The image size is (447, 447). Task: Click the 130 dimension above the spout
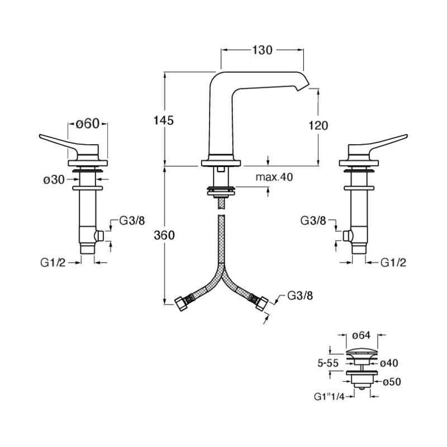tap(262, 50)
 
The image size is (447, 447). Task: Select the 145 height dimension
tap(164, 121)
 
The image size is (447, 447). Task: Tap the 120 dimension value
tap(318, 125)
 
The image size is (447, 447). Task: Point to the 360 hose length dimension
tap(164, 235)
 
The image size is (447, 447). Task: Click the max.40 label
tap(274, 177)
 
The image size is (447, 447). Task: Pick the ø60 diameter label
tap(88, 123)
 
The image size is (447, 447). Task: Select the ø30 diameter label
tap(54, 180)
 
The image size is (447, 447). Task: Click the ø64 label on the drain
tap(362, 336)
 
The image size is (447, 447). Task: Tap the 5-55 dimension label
tap(328, 363)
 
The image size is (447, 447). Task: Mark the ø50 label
tap(392, 382)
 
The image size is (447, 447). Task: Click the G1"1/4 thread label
tap(329, 397)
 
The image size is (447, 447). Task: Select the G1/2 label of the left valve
tap(53, 263)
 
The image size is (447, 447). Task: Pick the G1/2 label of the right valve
tap(393, 263)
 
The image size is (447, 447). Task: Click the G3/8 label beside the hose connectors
tap(300, 296)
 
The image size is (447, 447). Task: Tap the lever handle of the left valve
tap(68, 144)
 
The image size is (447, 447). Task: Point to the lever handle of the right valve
tap(378, 144)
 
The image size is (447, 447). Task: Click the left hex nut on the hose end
tap(180, 304)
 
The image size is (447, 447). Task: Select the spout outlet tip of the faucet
tap(303, 85)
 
